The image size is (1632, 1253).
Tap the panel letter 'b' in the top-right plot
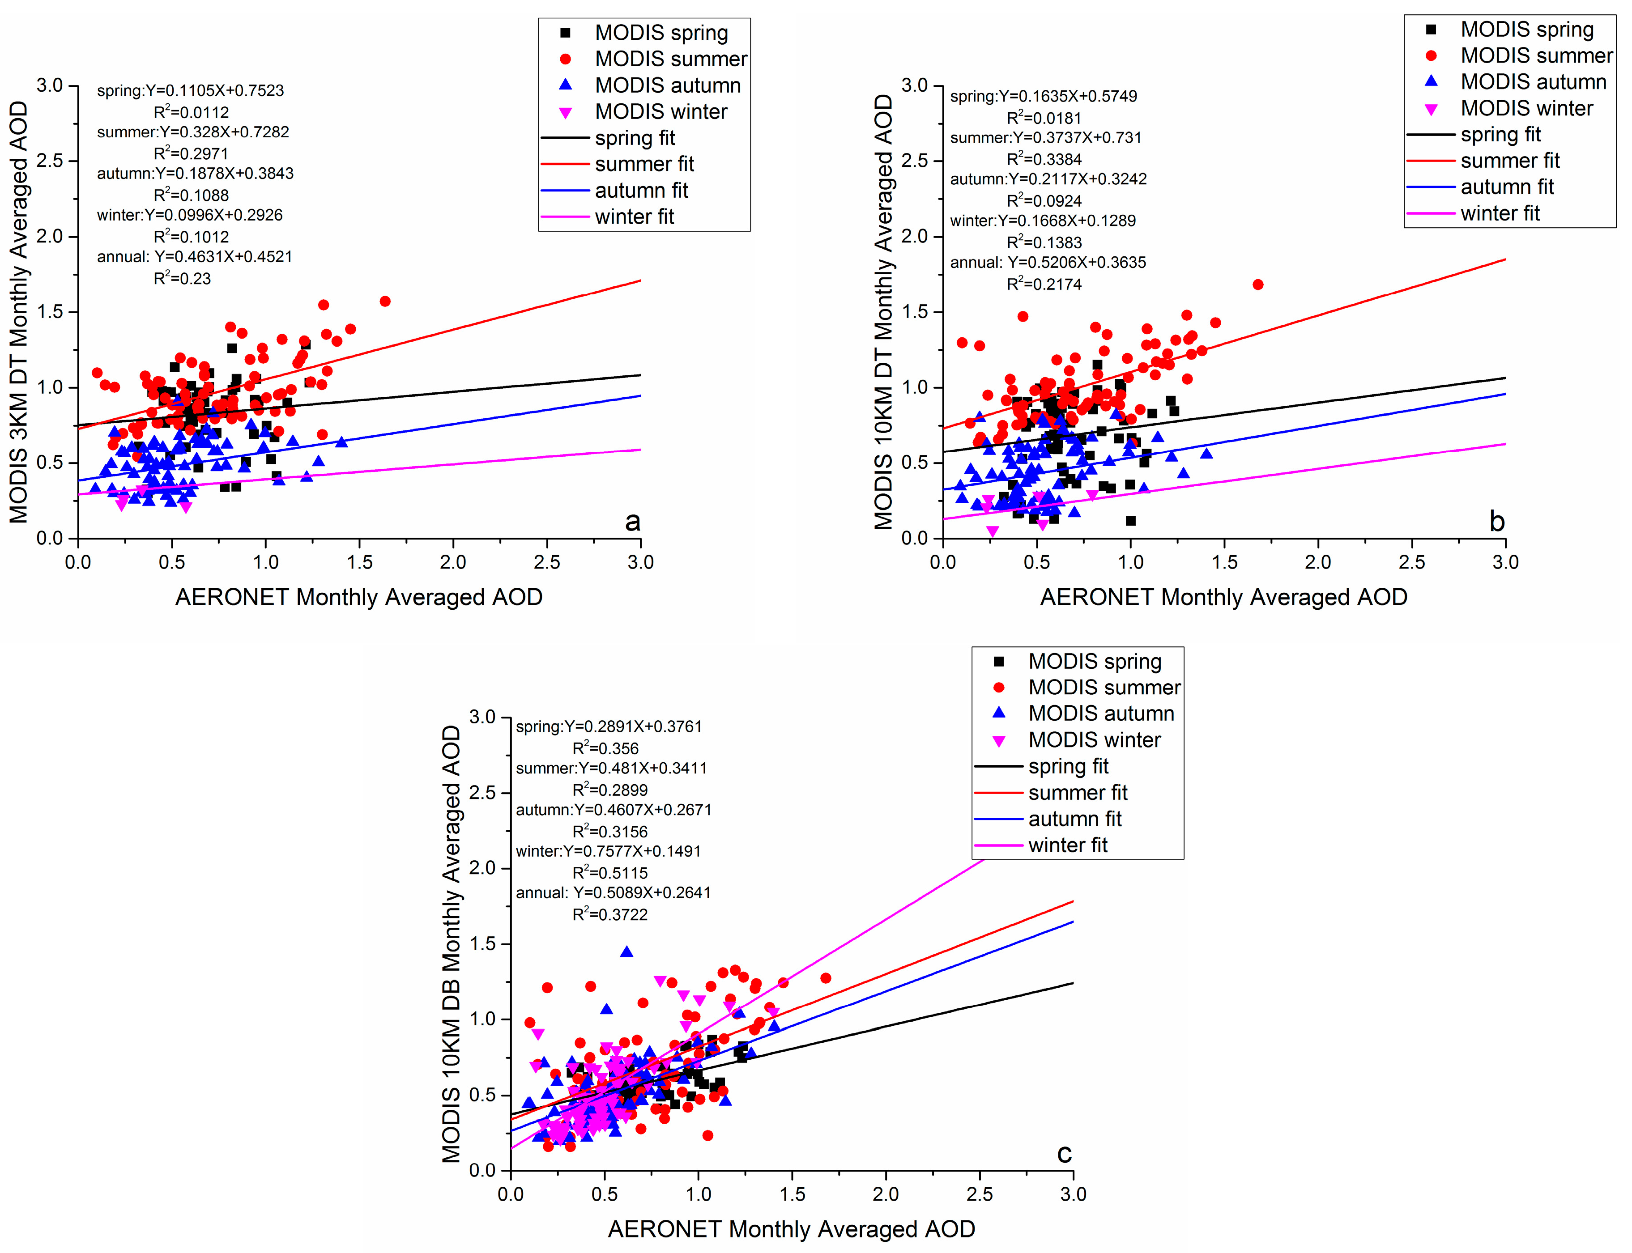pyautogui.click(x=1496, y=521)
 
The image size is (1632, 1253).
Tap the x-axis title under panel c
pyautogui.click(x=791, y=1228)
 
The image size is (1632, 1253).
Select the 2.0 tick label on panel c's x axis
pyautogui.click(x=886, y=1194)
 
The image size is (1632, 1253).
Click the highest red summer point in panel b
pyautogui.click(x=1257, y=284)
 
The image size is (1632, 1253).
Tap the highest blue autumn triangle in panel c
pyautogui.click(x=626, y=951)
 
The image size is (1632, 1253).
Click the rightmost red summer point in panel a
pyautogui.click(x=385, y=302)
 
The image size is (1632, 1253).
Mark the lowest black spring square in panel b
pyautogui.click(x=1131, y=521)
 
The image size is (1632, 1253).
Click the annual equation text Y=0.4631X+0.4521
pyautogui.click(x=223, y=257)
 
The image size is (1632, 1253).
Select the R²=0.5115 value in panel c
pyautogui.click(x=609, y=873)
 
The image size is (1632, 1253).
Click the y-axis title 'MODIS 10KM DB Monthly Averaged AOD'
pyautogui.click(x=451, y=943)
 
